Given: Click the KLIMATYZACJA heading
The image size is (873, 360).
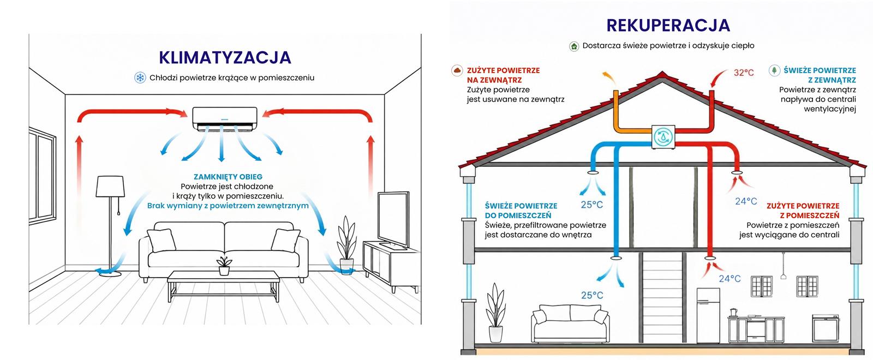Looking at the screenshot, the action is [225, 58].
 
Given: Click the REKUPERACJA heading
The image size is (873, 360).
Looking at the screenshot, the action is [668, 25].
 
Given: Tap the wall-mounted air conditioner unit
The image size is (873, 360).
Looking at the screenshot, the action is [225, 119].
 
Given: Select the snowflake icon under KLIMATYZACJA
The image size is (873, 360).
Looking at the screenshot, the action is [140, 77].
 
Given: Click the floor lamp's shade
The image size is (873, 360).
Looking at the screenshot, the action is [110, 186].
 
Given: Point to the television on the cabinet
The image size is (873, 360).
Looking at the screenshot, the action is [393, 220].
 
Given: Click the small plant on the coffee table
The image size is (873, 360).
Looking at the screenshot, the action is [224, 266].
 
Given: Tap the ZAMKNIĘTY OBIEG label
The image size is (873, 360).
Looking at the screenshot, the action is [228, 177].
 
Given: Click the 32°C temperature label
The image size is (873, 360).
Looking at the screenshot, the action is [744, 73].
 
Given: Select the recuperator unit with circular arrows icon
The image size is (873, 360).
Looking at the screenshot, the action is [663, 137].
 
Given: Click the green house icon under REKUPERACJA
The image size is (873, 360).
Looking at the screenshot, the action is [574, 46].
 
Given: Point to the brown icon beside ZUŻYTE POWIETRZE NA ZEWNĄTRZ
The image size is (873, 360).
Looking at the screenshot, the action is [457, 70].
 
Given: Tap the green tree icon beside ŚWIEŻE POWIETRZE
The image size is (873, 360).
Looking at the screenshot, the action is [774, 70].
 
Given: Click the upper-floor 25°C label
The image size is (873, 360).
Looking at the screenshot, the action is [591, 205].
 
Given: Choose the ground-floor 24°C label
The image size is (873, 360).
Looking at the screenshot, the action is [730, 279].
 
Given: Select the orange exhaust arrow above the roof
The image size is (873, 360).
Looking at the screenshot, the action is [609, 77].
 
